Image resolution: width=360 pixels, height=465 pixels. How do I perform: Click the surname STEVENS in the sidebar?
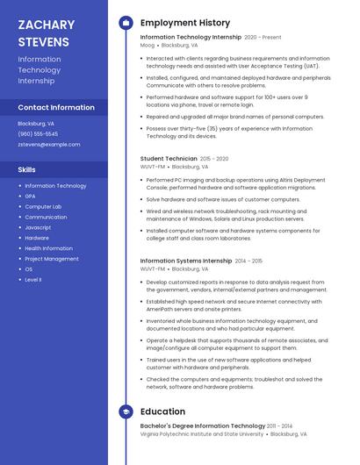pos(43,42)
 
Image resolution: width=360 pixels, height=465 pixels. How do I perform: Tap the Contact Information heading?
pos(56,107)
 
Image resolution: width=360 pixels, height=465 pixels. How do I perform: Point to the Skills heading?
pos(26,169)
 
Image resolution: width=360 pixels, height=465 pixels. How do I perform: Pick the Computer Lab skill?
pos(43,206)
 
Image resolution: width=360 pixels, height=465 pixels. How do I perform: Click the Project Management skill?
pos(51,259)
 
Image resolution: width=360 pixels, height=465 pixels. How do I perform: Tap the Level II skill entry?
pos(33,279)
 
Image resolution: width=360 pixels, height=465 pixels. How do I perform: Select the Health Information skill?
pos(48,248)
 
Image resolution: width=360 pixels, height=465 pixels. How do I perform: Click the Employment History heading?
pos(185,23)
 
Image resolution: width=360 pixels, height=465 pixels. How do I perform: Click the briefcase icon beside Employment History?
pos(126,23)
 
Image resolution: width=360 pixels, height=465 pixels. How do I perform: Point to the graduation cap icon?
pos(126,411)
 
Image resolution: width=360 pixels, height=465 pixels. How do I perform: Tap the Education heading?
pos(162,411)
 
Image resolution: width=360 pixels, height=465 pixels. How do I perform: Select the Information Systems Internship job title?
pos(185,261)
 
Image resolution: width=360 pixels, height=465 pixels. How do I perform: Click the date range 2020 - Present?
pos(263,38)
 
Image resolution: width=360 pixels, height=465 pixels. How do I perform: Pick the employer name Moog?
pos(148,45)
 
